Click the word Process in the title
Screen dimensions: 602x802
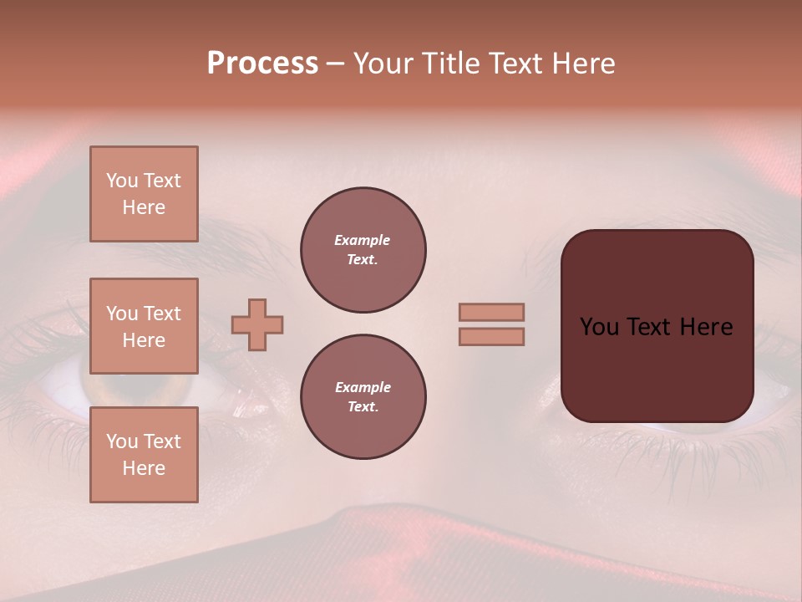click(262, 64)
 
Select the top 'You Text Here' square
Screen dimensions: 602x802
click(144, 194)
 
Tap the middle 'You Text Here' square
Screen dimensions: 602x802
click(144, 326)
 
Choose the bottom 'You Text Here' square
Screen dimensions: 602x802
click(144, 455)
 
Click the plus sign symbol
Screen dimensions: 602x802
click(257, 324)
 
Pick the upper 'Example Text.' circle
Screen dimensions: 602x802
click(363, 250)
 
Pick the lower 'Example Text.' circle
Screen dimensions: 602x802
click(363, 397)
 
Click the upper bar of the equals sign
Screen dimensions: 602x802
click(491, 313)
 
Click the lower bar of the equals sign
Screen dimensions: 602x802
click(491, 337)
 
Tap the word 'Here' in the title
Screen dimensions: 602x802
click(583, 64)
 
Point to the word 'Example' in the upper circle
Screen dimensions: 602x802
click(362, 241)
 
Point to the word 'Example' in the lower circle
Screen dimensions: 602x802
click(363, 388)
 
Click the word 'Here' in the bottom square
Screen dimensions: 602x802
click(144, 468)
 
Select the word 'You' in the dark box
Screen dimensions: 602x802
click(599, 327)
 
